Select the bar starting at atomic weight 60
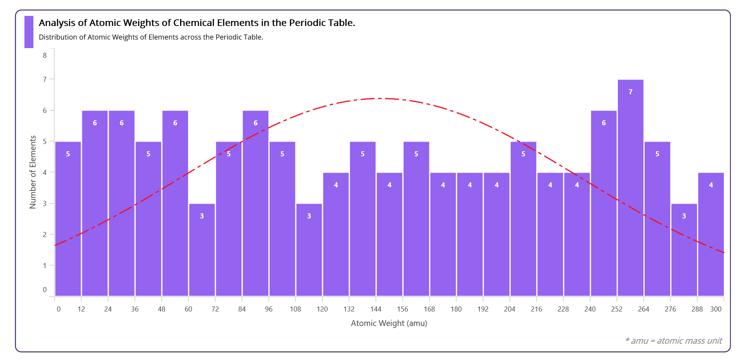coord(202,250)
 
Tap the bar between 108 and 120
coord(309,250)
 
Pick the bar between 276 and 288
coord(684,250)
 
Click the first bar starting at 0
coord(68,219)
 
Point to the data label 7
coord(630,92)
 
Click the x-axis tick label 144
coord(376,309)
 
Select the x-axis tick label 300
coord(716,309)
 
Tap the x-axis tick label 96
coord(269,309)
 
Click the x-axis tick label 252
coord(617,309)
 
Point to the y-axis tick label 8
coord(45,55)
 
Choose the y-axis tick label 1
coord(45,266)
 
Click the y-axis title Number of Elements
coord(33,172)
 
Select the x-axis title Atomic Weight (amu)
coord(389,323)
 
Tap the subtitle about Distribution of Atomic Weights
coord(151,37)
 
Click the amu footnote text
coord(673,341)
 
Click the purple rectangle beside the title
coord(29,32)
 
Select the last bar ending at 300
coord(711,234)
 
